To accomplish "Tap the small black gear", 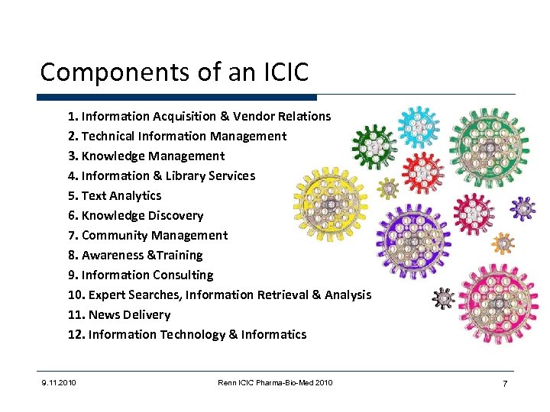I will click(443, 298).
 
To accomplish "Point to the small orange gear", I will click(503, 243).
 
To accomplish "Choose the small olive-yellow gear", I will click(389, 186).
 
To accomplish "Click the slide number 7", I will click(504, 383).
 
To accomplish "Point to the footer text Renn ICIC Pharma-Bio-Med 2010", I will click(275, 382).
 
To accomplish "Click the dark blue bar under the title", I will click(176, 98).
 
